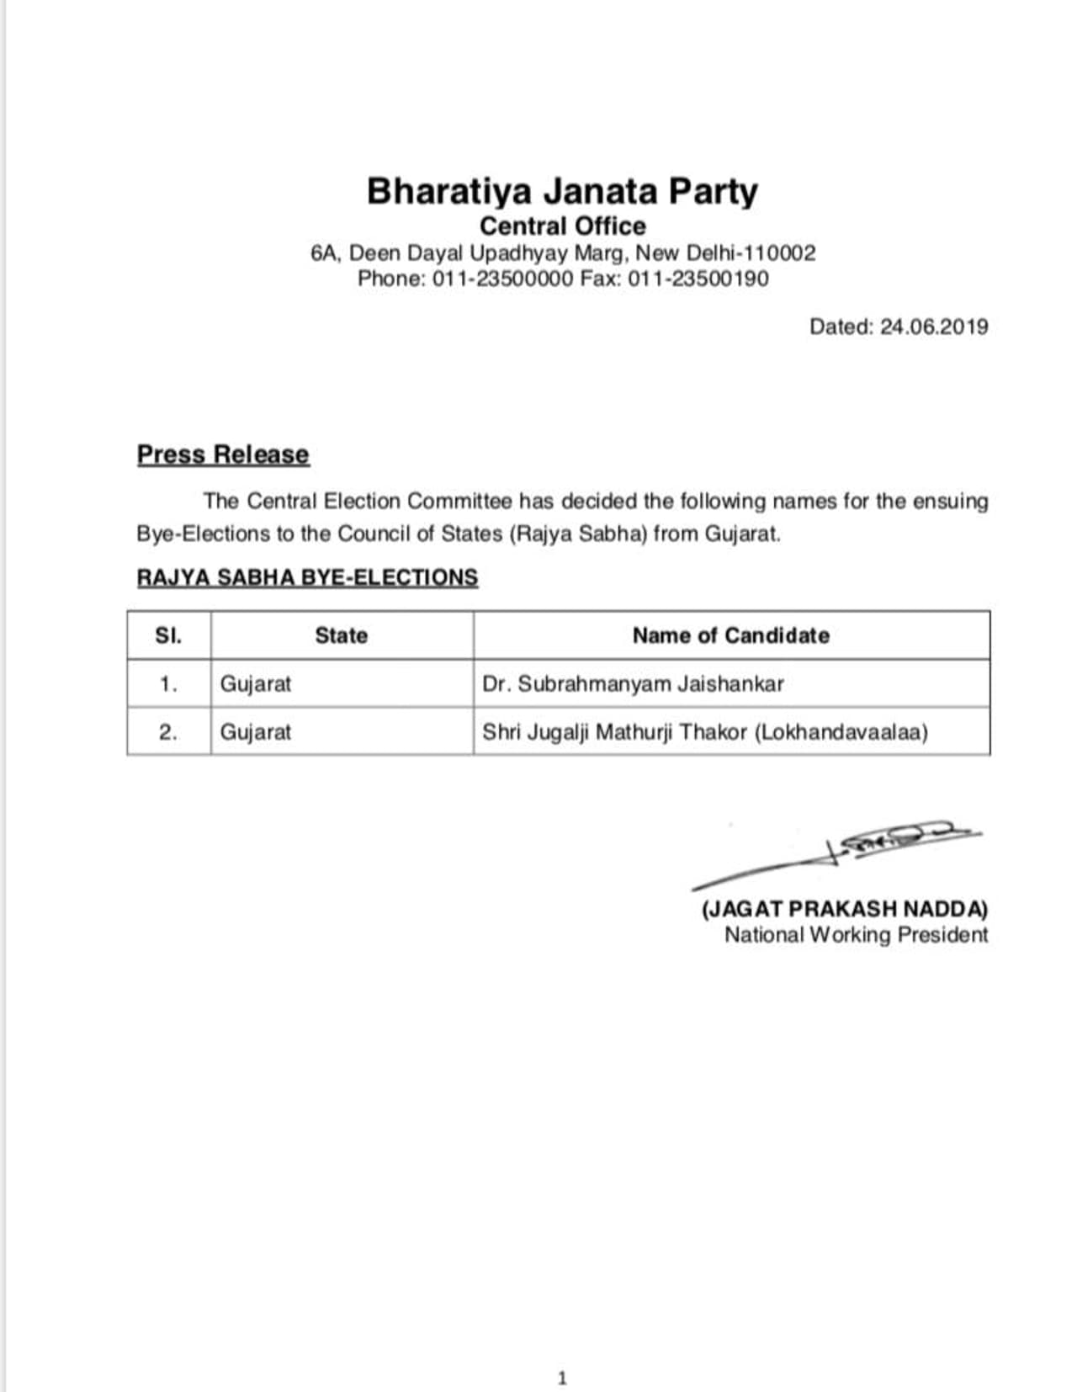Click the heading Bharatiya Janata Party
tap(562, 191)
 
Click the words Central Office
tap(562, 226)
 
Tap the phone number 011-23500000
tap(502, 279)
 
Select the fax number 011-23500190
tap(698, 279)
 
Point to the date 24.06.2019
tap(934, 327)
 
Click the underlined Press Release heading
tap(223, 454)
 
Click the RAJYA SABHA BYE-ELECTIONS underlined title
tap(307, 577)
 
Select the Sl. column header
tap(168, 635)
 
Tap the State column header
tap(341, 635)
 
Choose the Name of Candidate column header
tap(730, 635)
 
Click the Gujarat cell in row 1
tap(256, 683)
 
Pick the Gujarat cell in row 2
tap(256, 732)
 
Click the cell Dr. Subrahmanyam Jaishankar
tap(633, 683)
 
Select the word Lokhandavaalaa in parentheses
tap(841, 732)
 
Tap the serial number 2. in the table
tap(168, 732)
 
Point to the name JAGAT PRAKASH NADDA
tap(845, 909)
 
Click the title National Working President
tap(856, 935)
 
